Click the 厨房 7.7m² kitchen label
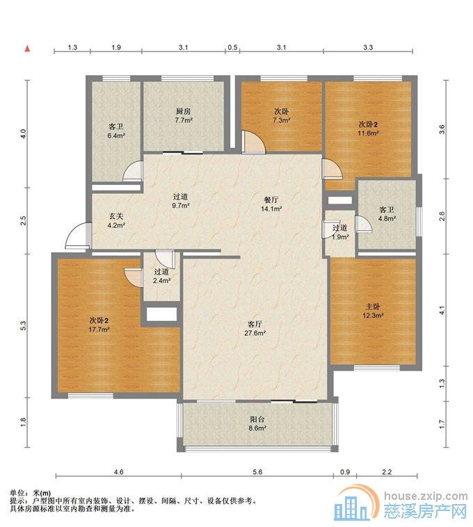point(184,115)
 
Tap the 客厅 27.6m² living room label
point(255,328)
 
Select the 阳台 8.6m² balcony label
point(257,423)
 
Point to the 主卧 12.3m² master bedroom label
point(373,311)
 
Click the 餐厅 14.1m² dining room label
point(271,204)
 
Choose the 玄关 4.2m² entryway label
point(116,220)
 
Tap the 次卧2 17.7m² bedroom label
point(99,325)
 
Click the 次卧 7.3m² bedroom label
point(282,115)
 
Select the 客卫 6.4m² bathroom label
point(116,131)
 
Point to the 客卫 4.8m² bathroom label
point(387,213)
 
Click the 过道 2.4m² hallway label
point(161,275)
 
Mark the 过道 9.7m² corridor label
point(181,201)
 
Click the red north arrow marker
point(27,49)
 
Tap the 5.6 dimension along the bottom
point(257,472)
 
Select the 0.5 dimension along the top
point(232,47)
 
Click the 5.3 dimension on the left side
point(23,325)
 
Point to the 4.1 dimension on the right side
point(442,310)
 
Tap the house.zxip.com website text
point(426,496)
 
